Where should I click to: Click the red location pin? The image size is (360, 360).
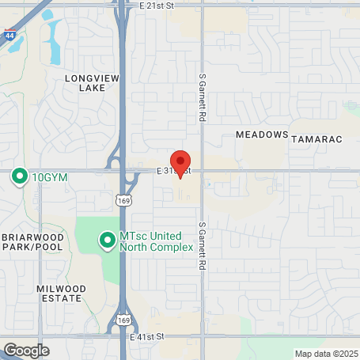pyautogui.click(x=180, y=162)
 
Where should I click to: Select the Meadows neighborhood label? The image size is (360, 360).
pyautogui.click(x=261, y=135)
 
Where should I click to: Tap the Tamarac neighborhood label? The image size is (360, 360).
pyautogui.click(x=316, y=139)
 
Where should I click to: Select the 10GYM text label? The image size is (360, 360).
pyautogui.click(x=49, y=177)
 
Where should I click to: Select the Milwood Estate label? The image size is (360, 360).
pyautogui.click(x=59, y=294)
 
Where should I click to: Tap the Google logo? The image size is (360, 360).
pyautogui.click(x=26, y=350)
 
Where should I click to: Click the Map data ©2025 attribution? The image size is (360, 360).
pyautogui.click(x=326, y=354)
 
